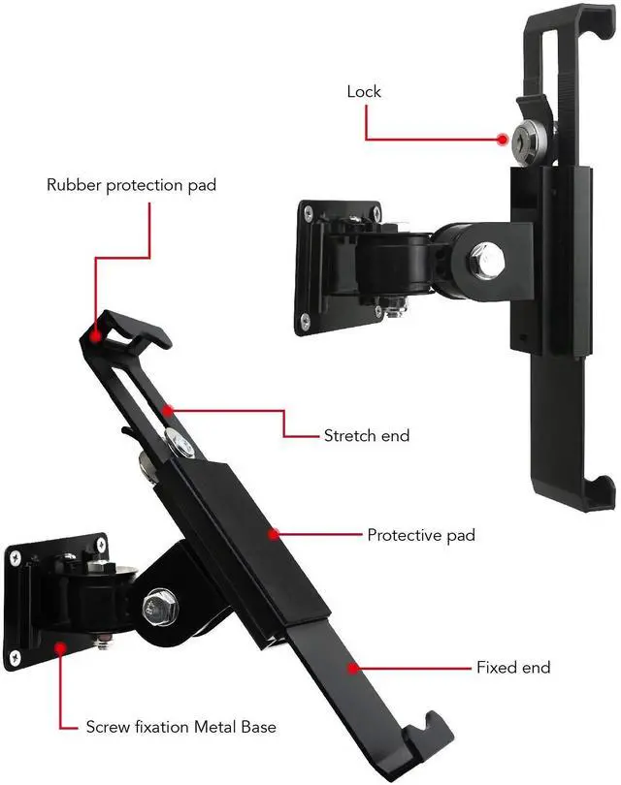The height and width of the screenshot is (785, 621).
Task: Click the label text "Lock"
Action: (364, 92)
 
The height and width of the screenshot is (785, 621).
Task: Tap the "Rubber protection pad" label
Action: (132, 184)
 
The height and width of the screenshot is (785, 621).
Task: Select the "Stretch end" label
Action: (366, 436)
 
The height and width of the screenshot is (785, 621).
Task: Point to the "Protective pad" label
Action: (421, 535)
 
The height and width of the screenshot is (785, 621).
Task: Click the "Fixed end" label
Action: (512, 668)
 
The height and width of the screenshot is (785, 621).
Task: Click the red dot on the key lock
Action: (502, 139)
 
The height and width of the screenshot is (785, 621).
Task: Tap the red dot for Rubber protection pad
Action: (96, 335)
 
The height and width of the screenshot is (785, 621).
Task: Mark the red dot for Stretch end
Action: (168, 410)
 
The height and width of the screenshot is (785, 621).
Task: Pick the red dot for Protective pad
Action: (275, 533)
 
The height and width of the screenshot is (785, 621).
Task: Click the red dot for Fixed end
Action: (354, 667)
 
